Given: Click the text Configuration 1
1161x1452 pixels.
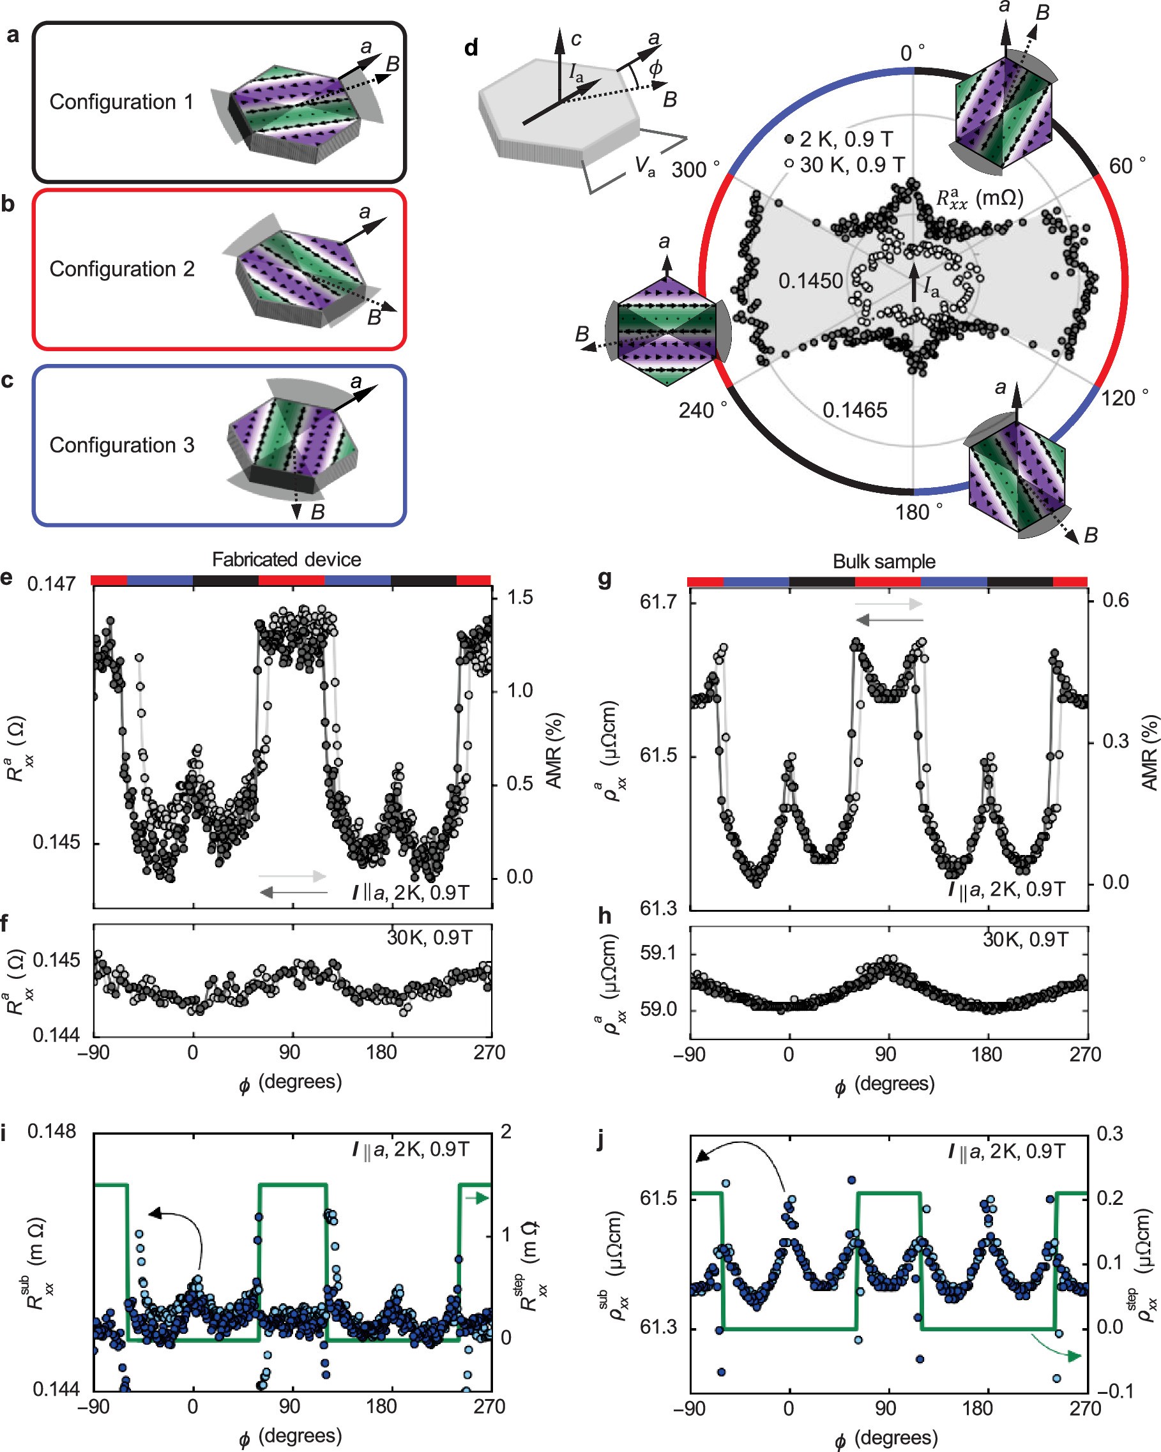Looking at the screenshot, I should [x=121, y=102].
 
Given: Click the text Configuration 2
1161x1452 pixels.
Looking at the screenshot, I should [x=122, y=269].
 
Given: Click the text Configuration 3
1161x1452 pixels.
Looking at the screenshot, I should [x=122, y=444].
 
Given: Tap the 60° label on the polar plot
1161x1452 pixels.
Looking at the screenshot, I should [x=1127, y=165].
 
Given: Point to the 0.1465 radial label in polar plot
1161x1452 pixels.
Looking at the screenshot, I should [x=854, y=409].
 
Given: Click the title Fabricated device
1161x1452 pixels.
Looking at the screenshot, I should [x=286, y=559].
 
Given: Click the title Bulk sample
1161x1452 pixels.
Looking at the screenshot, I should [x=884, y=561].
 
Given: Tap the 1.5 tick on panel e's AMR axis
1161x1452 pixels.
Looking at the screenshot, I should [x=519, y=598].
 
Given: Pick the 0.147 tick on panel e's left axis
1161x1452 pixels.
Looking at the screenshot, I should [x=51, y=584].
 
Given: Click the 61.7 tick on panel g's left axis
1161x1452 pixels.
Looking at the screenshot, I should [x=657, y=601].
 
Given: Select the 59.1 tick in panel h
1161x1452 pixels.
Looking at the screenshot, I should [x=657, y=953].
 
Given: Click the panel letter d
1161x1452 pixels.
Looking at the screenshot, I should [x=471, y=48].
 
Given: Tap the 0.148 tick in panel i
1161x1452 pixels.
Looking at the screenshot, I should [x=51, y=1131].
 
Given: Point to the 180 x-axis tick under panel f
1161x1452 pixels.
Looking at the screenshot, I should [x=381, y=1052].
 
